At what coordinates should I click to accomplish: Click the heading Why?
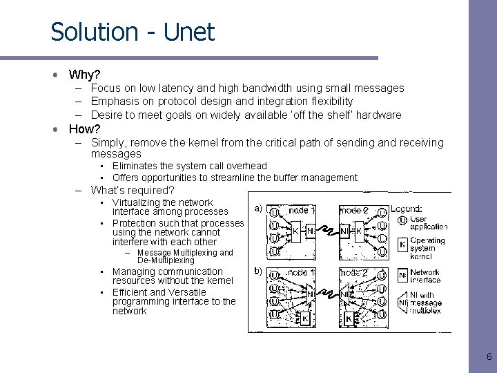84,74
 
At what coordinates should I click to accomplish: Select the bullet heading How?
84,129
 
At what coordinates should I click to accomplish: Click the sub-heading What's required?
133,190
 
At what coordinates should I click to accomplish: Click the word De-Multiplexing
166,260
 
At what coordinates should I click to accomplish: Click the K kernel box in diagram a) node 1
295,231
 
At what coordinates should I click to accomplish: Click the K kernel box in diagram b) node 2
349,318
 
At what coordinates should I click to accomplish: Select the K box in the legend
402,245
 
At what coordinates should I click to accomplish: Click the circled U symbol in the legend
402,223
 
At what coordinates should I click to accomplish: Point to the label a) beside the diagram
258,208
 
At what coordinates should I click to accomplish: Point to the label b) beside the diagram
258,271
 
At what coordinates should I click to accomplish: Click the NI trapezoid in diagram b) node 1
311,294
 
